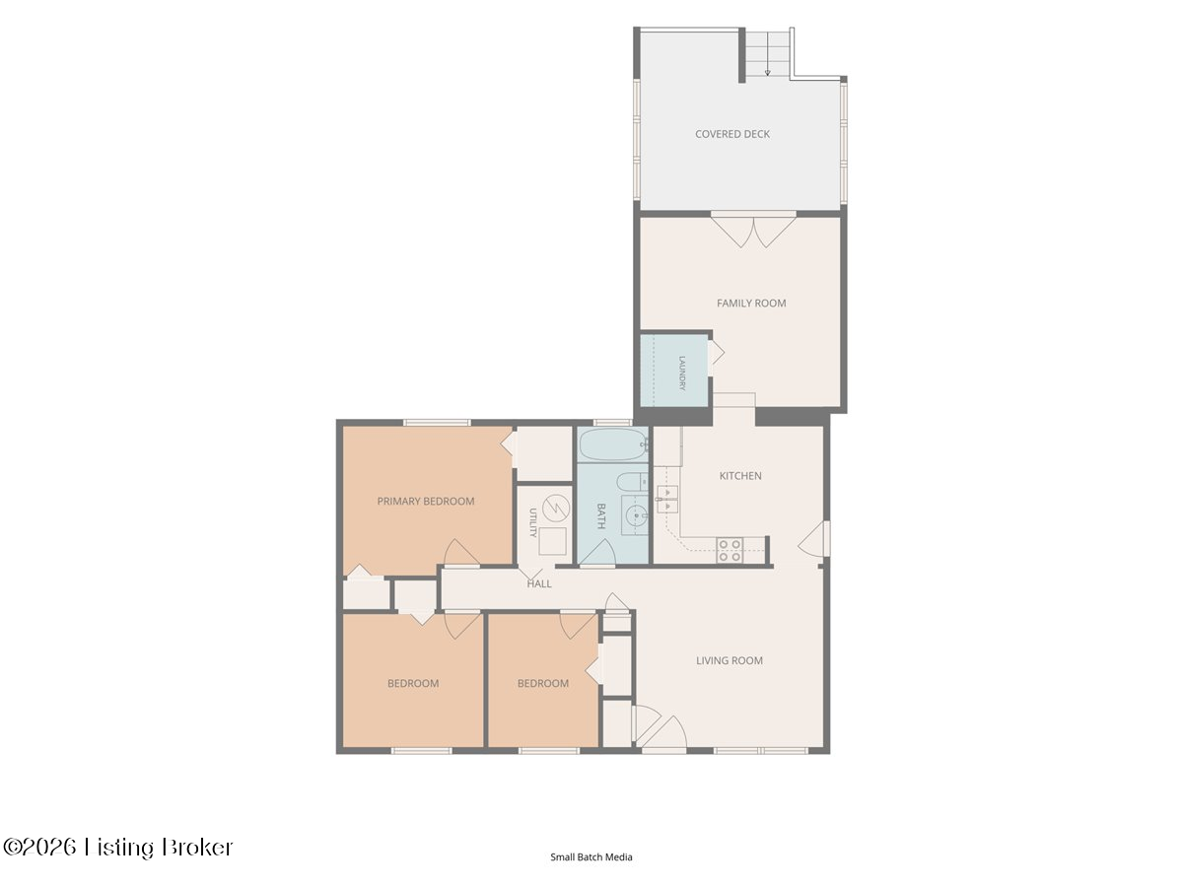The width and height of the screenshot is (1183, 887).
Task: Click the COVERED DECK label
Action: (x=731, y=134)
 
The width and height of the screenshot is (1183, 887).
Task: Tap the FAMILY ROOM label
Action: (x=751, y=304)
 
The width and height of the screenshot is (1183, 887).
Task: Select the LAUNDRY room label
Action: (x=682, y=373)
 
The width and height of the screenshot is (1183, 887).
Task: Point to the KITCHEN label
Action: (x=740, y=476)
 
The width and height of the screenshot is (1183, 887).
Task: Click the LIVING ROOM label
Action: (x=730, y=660)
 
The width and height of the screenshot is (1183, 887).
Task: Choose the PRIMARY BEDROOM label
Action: (x=425, y=502)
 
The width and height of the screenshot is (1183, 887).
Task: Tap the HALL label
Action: (x=539, y=583)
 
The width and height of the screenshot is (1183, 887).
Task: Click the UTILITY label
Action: (x=532, y=522)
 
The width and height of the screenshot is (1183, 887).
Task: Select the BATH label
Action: (x=601, y=515)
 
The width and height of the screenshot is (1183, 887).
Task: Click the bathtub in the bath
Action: (x=613, y=444)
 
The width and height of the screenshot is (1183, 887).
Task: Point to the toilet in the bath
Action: (x=632, y=482)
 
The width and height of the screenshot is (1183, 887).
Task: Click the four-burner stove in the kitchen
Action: (x=730, y=550)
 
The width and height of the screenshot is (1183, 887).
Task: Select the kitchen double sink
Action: (x=667, y=500)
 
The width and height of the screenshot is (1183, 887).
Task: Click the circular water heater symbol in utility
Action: (x=556, y=508)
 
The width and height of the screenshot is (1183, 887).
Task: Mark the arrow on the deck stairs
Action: (x=767, y=64)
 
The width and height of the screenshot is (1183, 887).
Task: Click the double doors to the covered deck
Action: (x=753, y=230)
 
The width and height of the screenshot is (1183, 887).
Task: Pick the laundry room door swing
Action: (x=717, y=353)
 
